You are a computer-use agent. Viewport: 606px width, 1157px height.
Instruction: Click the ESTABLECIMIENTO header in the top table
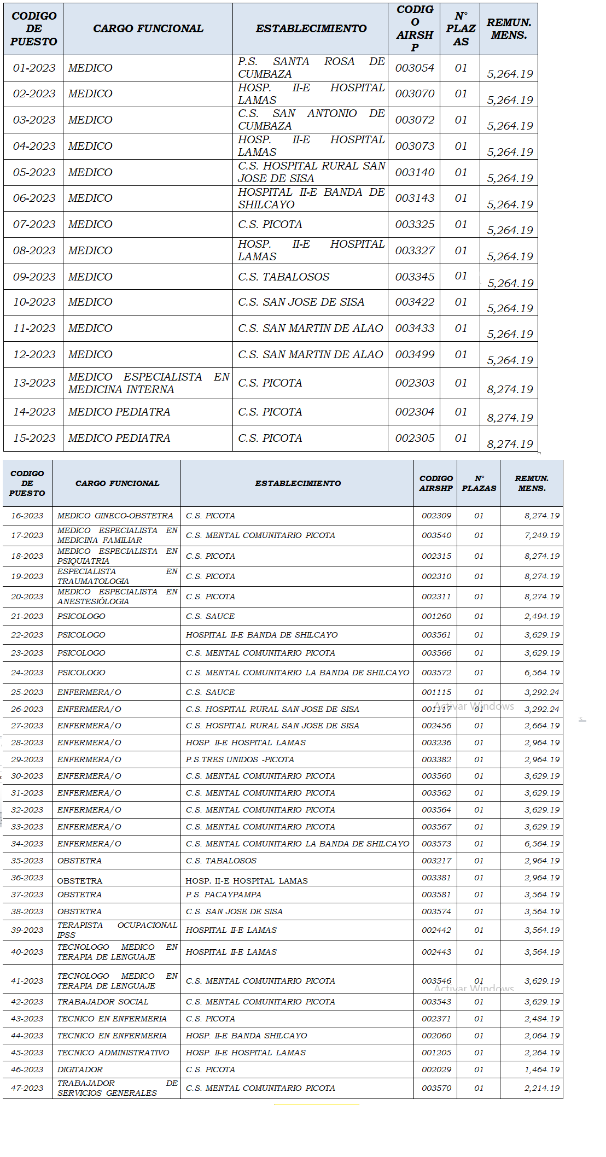pos(311,28)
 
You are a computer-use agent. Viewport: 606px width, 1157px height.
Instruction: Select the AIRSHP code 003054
pos(415,68)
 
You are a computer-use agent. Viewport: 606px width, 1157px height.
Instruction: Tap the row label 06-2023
pos(34,198)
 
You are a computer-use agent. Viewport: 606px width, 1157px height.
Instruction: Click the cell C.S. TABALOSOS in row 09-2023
pos(283,277)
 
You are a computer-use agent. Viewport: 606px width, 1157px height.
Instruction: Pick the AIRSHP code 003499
pos(415,354)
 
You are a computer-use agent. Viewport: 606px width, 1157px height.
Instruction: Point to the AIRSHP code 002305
pos(415,438)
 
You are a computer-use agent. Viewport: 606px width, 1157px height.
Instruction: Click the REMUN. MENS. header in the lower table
pos(531,483)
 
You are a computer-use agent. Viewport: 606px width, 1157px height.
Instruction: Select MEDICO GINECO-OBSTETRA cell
pos(115,516)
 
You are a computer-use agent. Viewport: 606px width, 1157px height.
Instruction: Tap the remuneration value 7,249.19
pos(541,535)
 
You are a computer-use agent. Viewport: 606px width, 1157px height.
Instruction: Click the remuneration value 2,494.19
pos(541,616)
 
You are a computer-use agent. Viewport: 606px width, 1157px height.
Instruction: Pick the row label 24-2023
pos(27,673)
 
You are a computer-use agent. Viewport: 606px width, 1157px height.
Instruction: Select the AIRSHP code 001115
pos(436,692)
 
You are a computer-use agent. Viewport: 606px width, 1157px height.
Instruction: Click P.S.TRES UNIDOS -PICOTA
pos(240,759)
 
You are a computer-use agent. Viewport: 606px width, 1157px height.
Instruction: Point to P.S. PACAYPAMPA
pos(223,895)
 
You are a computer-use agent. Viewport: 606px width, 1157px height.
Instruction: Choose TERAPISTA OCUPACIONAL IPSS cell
pos(117,930)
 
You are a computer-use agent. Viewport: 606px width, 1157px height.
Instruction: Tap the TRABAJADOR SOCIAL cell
pos(103,1002)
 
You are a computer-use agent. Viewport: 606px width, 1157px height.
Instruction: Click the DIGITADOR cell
pos(80,1070)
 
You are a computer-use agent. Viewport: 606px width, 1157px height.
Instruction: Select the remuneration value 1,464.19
pos(541,1070)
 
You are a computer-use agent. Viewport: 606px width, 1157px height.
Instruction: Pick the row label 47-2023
pos(27,1088)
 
